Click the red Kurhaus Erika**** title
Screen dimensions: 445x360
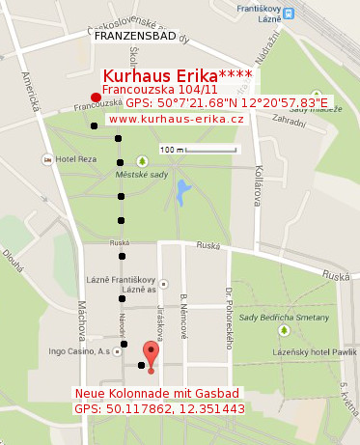coord(178,76)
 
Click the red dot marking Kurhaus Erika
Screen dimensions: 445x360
coord(95,97)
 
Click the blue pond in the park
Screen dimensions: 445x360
coord(182,192)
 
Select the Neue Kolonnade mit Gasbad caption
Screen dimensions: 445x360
coord(157,394)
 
